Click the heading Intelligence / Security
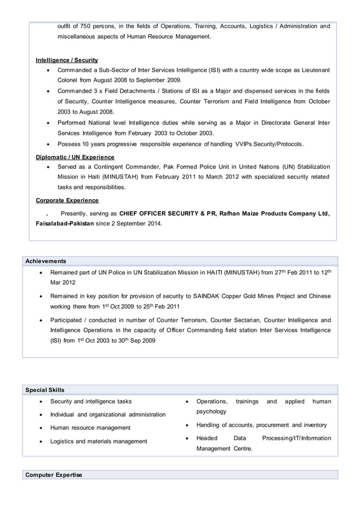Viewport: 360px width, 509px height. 67,60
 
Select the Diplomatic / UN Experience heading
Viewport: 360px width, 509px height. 75,157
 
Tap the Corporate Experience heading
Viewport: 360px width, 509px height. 67,200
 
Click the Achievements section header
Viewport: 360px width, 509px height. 46,261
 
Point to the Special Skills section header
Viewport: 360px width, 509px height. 45,390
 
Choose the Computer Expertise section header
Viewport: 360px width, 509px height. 54,475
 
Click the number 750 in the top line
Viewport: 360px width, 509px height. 86,26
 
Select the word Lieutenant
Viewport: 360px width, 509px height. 310,70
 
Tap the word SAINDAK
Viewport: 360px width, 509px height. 209,296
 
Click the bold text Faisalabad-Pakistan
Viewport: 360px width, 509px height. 65,223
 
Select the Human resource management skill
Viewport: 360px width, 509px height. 90,428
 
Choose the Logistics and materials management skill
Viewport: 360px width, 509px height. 98,441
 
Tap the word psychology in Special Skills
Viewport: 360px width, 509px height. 211,411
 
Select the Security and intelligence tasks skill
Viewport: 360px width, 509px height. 91,401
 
